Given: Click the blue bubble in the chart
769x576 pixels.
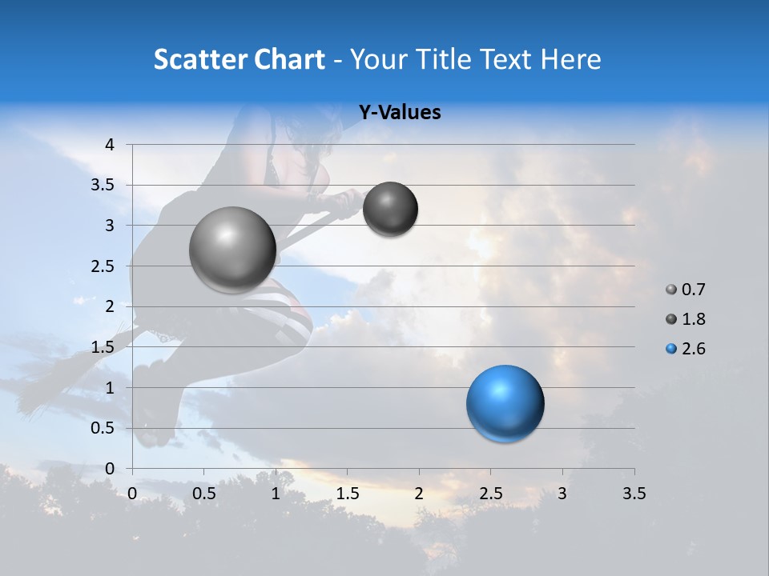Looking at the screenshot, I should pyautogui.click(x=505, y=403).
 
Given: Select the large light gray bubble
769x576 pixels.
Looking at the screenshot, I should pyautogui.click(x=233, y=250).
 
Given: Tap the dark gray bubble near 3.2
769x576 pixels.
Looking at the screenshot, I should pyautogui.click(x=390, y=209).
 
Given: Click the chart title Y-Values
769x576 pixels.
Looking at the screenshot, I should pyautogui.click(x=400, y=113).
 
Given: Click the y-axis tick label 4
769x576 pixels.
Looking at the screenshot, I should pyautogui.click(x=111, y=145).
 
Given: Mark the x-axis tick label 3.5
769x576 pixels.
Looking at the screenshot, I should pyautogui.click(x=634, y=494).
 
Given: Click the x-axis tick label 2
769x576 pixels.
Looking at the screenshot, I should pyautogui.click(x=419, y=494).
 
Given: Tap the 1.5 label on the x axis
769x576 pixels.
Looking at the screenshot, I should pyautogui.click(x=347, y=494).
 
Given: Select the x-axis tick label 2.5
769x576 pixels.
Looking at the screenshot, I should pyautogui.click(x=490, y=494).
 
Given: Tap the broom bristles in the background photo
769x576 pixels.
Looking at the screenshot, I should pyautogui.click(x=48, y=384).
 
